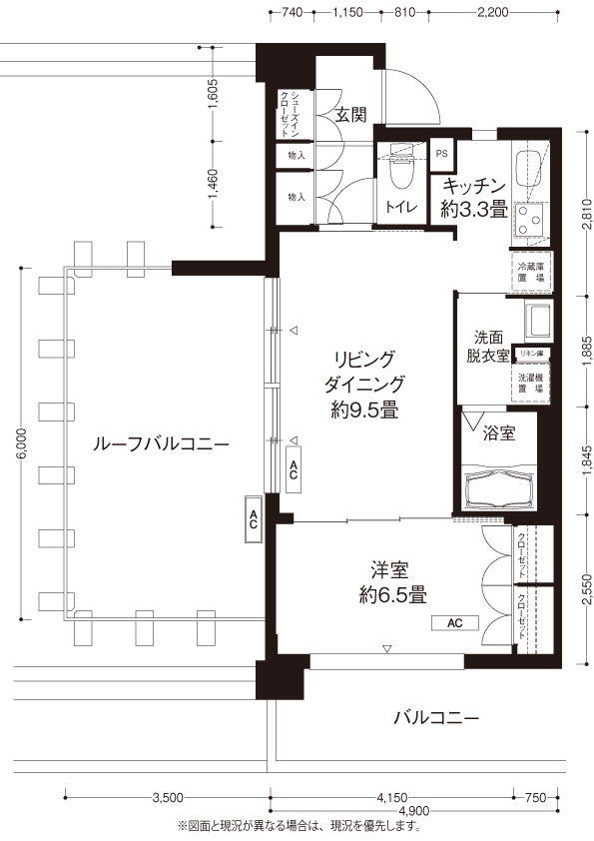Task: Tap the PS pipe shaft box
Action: (441, 154)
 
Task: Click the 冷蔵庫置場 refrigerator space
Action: (531, 272)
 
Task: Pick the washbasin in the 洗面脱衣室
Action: (538, 321)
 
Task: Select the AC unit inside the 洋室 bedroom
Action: (455, 622)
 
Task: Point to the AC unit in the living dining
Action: (294, 468)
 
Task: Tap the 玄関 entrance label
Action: (351, 115)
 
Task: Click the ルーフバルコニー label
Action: (161, 444)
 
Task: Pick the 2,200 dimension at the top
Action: (493, 12)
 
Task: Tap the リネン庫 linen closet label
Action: (531, 354)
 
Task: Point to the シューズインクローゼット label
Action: (288, 113)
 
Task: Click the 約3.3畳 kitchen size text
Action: (474, 209)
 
